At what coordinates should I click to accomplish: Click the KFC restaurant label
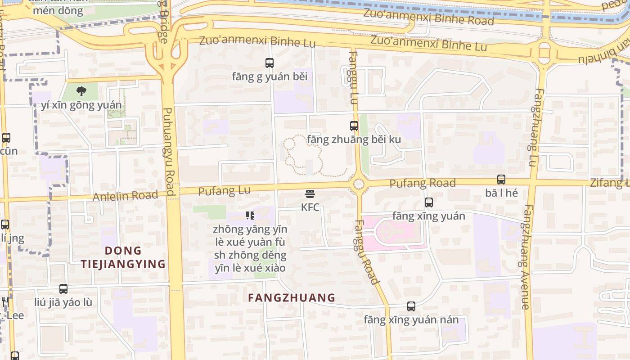(x=310, y=207)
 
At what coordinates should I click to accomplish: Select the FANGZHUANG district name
(x=292, y=297)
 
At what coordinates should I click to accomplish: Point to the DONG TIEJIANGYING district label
(x=123, y=257)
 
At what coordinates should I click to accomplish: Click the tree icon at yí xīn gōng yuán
(x=81, y=92)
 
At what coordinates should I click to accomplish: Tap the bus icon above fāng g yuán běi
(x=270, y=63)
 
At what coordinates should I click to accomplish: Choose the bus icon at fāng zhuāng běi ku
(x=354, y=126)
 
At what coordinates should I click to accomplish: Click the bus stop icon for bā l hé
(x=501, y=180)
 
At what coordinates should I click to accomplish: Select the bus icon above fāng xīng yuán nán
(x=411, y=306)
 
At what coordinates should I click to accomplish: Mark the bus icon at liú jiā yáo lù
(x=63, y=289)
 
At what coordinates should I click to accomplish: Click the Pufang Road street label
(x=422, y=183)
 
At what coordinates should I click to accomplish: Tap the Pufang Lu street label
(x=224, y=191)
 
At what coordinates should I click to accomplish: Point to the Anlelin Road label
(x=125, y=196)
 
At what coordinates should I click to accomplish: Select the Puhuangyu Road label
(x=168, y=152)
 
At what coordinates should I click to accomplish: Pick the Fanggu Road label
(x=366, y=252)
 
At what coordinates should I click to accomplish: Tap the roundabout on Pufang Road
(x=359, y=184)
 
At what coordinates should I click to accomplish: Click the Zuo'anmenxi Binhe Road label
(x=428, y=17)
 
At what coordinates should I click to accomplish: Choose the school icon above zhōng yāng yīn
(x=250, y=216)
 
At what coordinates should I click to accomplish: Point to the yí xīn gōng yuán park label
(x=81, y=105)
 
